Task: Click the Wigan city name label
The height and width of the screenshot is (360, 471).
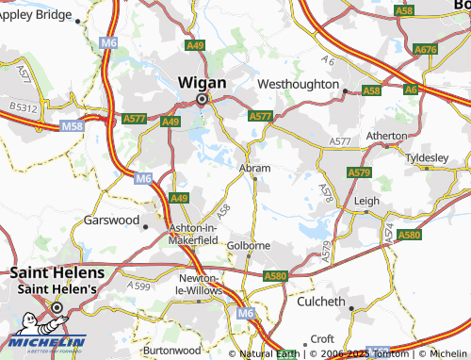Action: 202,82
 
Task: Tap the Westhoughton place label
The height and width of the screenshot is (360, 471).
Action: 297,84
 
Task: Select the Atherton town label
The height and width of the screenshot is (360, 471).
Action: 386,136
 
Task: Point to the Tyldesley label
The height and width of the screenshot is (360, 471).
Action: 426,156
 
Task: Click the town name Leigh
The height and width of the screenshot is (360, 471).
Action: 366,201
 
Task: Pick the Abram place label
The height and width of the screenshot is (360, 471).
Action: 255,168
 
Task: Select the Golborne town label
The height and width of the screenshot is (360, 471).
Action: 250,245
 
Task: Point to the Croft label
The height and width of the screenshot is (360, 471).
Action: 322,338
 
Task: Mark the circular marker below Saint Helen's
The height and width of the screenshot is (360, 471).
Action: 57,307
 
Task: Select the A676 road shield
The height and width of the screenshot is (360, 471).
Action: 426,49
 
